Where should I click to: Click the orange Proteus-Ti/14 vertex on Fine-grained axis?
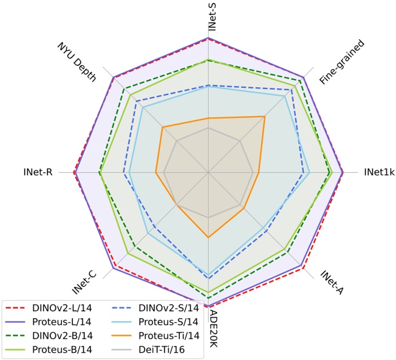pos(264,117)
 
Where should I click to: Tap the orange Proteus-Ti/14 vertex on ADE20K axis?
pos(209,237)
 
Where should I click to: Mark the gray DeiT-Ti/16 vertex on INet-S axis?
pos(209,128)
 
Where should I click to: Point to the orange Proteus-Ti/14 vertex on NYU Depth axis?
pos(163,127)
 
